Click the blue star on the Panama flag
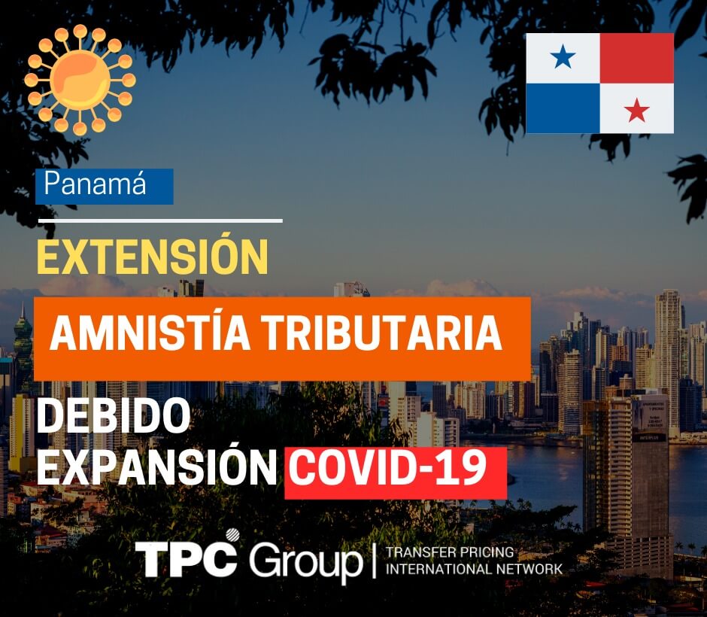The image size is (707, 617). (563, 57)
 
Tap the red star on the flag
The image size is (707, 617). (636, 110)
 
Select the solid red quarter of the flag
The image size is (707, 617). (636, 58)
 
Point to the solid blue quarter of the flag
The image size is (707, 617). (563, 108)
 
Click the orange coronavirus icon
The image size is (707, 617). (80, 79)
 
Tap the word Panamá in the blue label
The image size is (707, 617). (95, 184)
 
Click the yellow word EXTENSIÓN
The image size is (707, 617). (153, 255)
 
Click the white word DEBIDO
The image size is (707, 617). (114, 417)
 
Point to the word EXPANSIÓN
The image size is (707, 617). (156, 467)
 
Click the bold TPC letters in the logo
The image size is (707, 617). (187, 559)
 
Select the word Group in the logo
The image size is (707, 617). (306, 561)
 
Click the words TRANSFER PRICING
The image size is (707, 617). (450, 552)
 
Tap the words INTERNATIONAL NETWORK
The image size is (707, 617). (474, 569)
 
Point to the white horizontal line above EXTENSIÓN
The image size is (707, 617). (160, 221)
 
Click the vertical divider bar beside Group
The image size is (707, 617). (375, 560)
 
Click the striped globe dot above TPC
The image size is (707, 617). (232, 535)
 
